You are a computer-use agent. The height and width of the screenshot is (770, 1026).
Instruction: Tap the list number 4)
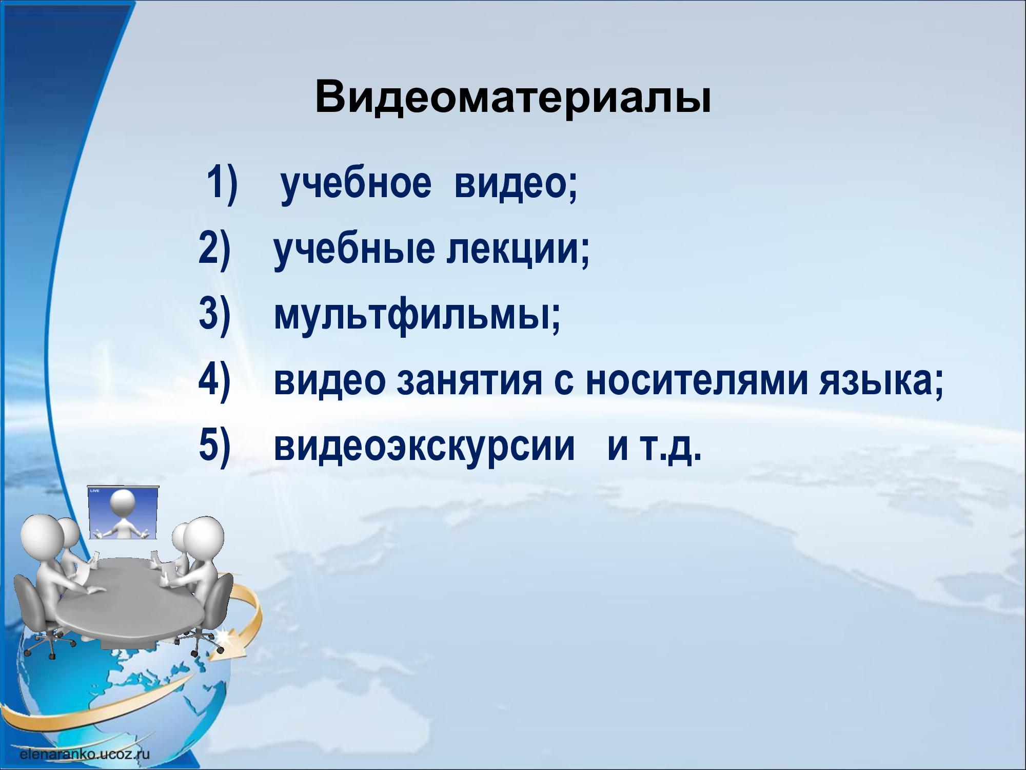pyautogui.click(x=213, y=381)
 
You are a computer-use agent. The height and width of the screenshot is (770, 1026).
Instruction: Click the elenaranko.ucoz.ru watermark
pyautogui.click(x=85, y=754)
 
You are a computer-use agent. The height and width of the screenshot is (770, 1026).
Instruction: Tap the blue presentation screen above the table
pyautogui.click(x=123, y=512)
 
